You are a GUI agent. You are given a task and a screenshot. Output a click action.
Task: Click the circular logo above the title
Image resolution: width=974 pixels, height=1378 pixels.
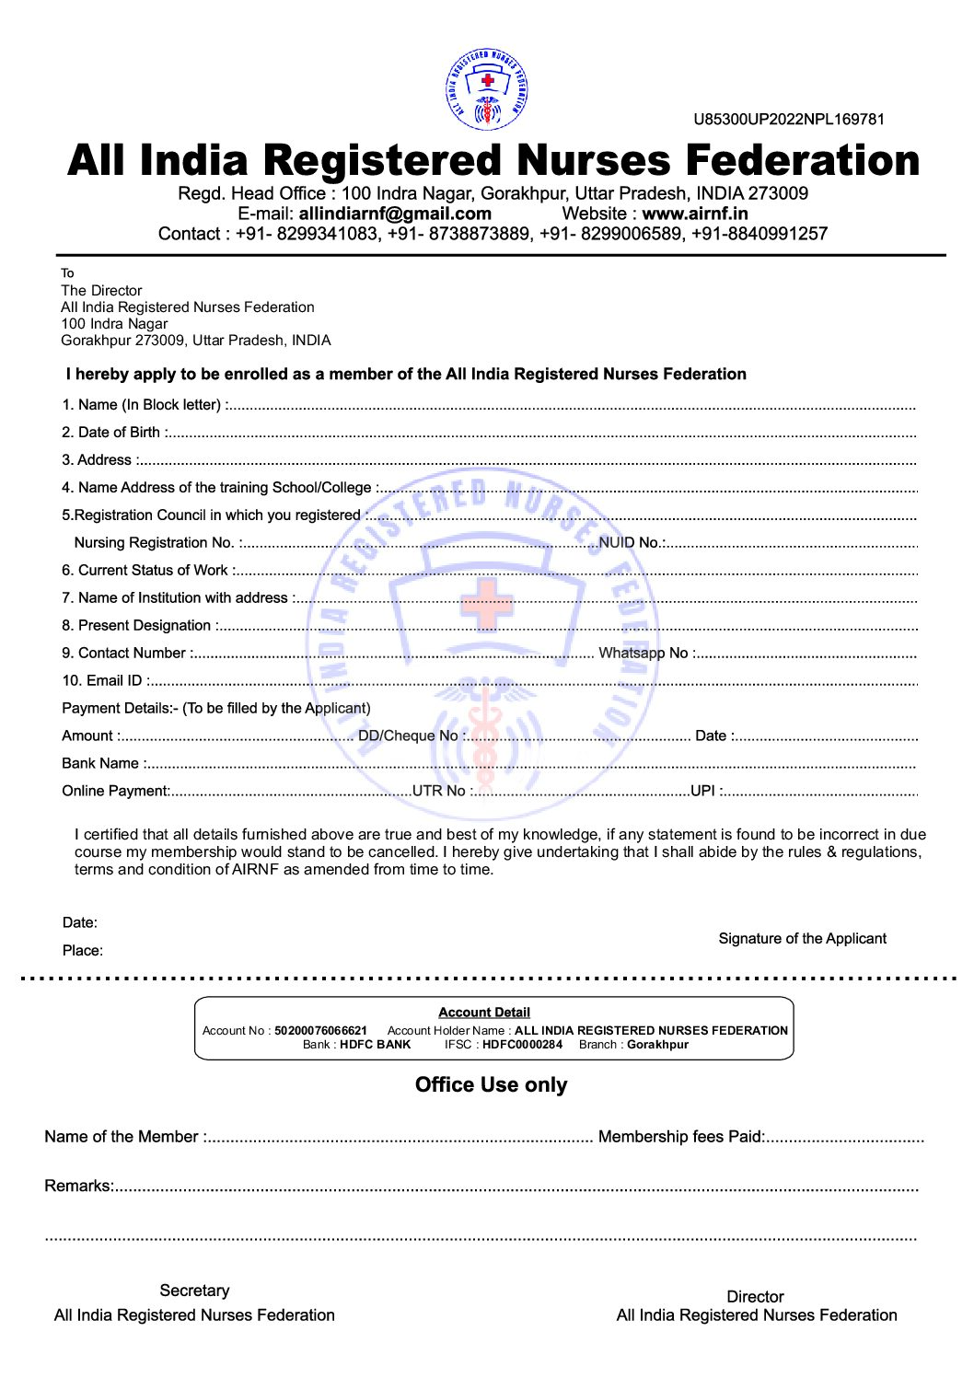pyautogui.click(x=487, y=89)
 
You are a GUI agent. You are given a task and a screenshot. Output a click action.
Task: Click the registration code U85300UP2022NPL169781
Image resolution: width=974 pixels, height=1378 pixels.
pyautogui.click(x=789, y=119)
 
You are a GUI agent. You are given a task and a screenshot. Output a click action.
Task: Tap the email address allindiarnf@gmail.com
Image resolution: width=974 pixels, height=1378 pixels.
pyautogui.click(x=395, y=214)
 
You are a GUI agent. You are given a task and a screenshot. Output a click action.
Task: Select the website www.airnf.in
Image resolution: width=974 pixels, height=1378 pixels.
pyautogui.click(x=694, y=214)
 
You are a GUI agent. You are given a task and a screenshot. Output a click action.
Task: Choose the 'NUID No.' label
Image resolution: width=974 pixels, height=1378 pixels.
pyautogui.click(x=629, y=542)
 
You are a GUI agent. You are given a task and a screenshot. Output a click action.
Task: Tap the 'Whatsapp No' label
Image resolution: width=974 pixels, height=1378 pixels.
pyautogui.click(x=644, y=653)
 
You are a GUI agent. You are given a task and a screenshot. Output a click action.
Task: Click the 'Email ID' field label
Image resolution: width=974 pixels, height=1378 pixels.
pyautogui.click(x=102, y=680)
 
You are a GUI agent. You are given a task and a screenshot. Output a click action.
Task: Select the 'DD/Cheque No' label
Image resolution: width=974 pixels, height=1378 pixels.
pyautogui.click(x=407, y=735)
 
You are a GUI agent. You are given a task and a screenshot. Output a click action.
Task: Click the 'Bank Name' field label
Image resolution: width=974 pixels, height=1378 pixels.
pyautogui.click(x=100, y=763)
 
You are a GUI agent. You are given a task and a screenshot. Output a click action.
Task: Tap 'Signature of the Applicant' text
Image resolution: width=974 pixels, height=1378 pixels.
pyautogui.click(x=802, y=938)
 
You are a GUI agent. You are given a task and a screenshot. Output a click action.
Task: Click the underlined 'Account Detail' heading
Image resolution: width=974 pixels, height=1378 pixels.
pyautogui.click(x=484, y=1012)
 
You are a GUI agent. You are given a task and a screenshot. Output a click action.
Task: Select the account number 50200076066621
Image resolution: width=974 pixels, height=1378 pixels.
pyautogui.click(x=320, y=1030)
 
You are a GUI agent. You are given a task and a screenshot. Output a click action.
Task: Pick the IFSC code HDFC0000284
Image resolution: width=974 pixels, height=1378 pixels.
pyautogui.click(x=522, y=1044)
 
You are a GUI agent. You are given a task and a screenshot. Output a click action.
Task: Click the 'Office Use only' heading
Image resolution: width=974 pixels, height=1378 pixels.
pyautogui.click(x=491, y=1084)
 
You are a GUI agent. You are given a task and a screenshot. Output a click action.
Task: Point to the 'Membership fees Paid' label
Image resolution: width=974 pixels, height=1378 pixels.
pyautogui.click(x=680, y=1137)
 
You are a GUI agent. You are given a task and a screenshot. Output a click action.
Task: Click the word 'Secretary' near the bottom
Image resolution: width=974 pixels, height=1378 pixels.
pyautogui.click(x=194, y=1291)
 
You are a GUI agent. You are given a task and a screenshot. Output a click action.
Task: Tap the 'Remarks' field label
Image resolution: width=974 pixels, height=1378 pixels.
pyautogui.click(x=77, y=1186)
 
